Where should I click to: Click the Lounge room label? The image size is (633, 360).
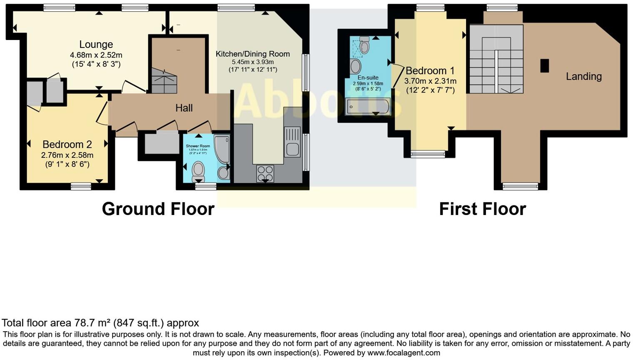pos(96,45)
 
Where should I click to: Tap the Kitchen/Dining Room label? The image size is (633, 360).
pos(252,54)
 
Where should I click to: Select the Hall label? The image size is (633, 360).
pos(184,108)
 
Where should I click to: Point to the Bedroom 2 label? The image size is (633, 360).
pos(67,145)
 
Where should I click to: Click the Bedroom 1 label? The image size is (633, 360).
pos(430,71)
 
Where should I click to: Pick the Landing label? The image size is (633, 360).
pos(583,76)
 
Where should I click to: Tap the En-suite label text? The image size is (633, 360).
pos(368,77)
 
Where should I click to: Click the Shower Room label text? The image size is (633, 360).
pos(198,146)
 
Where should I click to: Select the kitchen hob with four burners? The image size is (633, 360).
pos(265,174)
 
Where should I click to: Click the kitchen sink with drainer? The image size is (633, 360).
pos(292,142)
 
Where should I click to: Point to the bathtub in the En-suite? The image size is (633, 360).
pos(367,107)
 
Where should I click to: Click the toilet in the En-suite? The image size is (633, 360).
pos(364,45)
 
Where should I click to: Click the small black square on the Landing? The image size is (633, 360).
pos(544,66)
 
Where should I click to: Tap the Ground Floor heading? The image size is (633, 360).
pos(158,209)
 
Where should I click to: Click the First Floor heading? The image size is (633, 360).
pos(482,209)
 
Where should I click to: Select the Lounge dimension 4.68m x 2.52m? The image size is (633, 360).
pos(96,55)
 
